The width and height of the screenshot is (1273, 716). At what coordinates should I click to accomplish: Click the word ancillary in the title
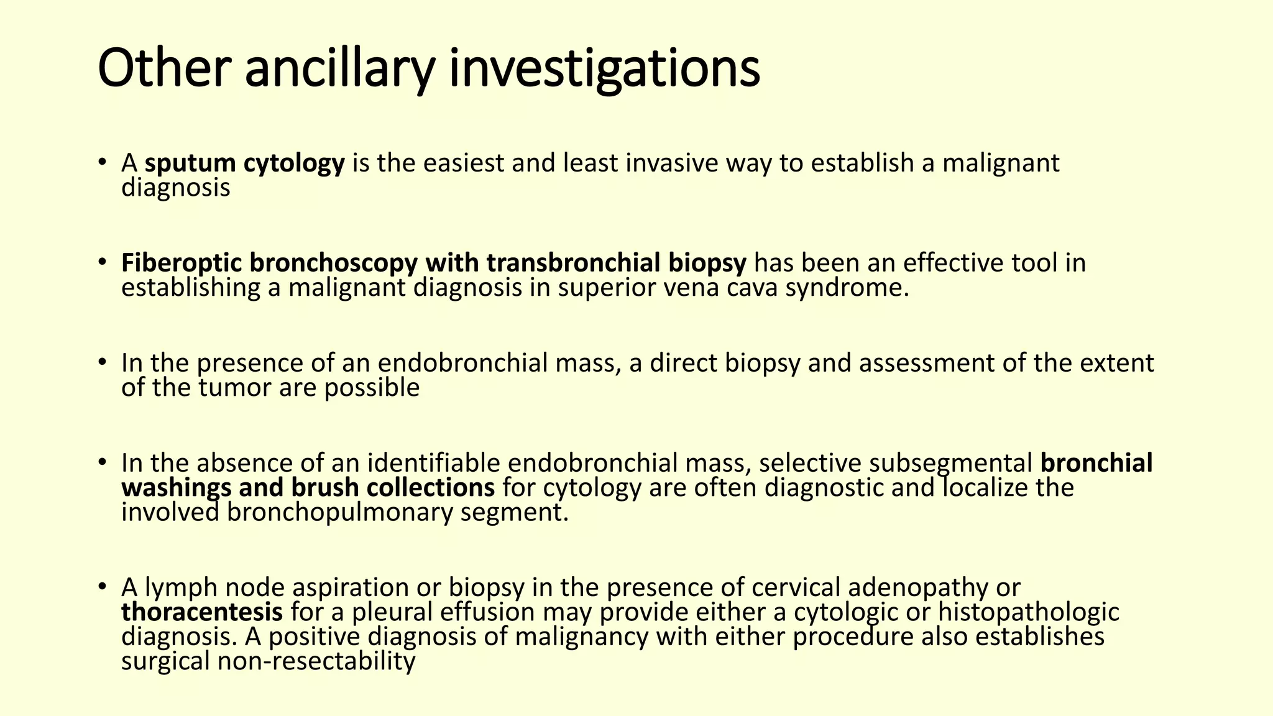click(x=339, y=70)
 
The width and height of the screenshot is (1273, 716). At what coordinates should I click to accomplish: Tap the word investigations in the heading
click(x=604, y=70)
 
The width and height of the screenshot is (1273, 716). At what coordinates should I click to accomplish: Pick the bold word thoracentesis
click(x=202, y=613)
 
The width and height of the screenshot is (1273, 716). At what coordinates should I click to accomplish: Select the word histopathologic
click(x=1028, y=613)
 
